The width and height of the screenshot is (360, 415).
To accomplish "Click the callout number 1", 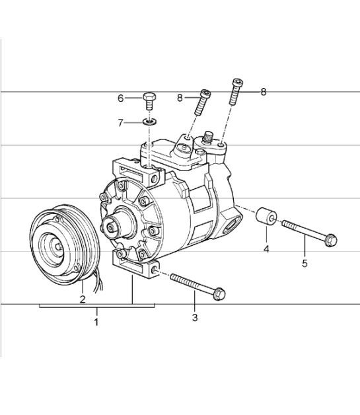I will (96, 322).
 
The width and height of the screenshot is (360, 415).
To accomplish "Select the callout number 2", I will (82, 299).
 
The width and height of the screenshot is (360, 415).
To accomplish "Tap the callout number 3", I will (195, 319).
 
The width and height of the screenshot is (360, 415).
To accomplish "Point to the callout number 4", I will (266, 249).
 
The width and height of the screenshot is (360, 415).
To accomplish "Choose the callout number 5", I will (305, 265).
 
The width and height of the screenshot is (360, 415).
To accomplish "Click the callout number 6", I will (121, 98).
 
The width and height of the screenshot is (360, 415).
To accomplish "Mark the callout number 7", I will (121, 122).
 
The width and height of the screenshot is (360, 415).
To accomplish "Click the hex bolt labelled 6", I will (149, 101).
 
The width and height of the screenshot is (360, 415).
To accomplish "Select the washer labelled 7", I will (149, 122).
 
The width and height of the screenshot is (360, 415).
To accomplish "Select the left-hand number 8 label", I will (180, 98).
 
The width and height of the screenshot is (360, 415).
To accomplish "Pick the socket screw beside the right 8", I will (234, 93).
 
